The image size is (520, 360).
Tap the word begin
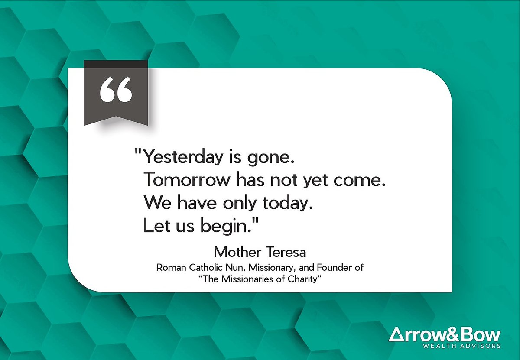click(x=232, y=226)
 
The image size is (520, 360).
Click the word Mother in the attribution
click(x=236, y=252)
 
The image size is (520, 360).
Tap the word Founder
click(x=337, y=268)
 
